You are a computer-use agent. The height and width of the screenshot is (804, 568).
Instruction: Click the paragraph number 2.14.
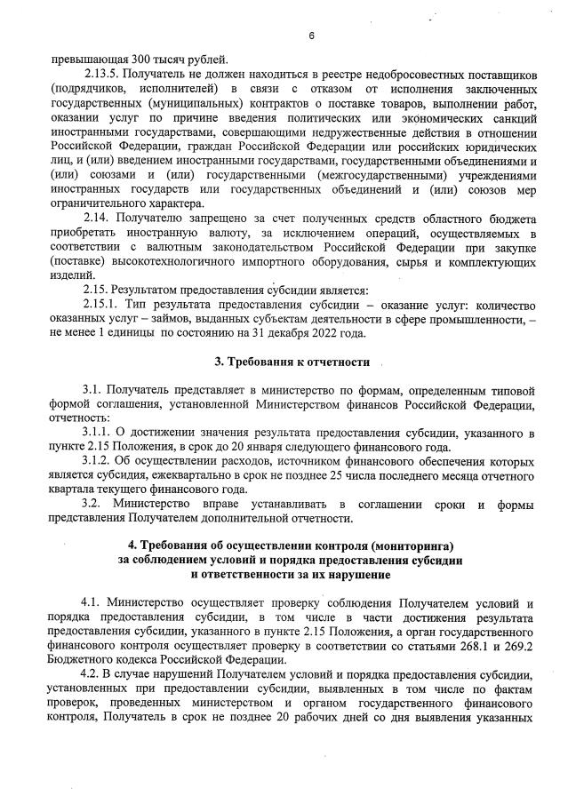(x=97, y=219)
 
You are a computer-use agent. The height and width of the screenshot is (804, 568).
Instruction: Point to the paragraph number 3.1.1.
(x=95, y=433)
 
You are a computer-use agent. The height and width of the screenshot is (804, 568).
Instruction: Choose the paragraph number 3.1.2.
(x=95, y=462)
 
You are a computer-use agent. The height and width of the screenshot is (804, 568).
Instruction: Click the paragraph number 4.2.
(x=92, y=674)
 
